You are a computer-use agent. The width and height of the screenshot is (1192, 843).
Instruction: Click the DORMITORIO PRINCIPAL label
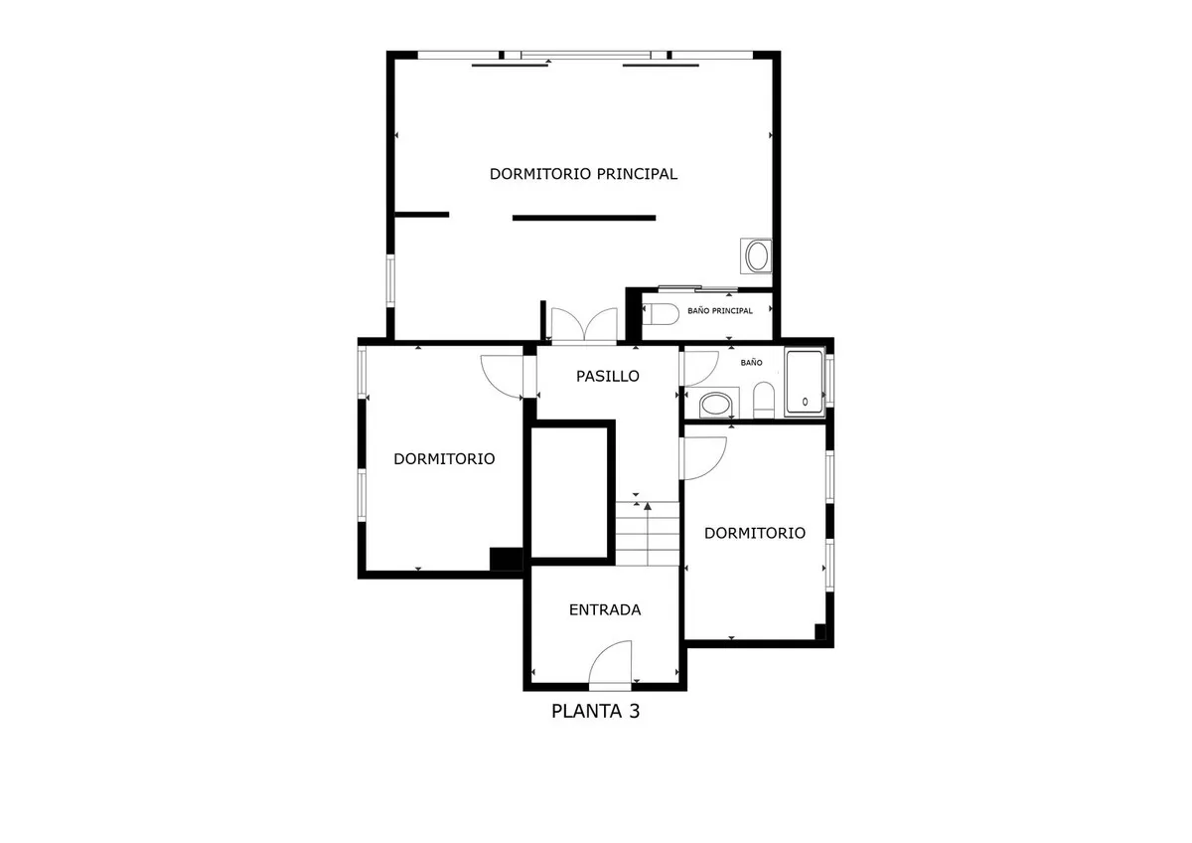coord(583,174)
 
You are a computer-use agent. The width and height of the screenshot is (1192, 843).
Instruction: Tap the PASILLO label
coord(608,377)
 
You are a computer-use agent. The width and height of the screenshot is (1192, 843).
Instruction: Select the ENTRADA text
coord(605,610)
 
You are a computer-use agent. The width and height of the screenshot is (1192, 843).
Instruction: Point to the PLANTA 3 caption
coord(595,712)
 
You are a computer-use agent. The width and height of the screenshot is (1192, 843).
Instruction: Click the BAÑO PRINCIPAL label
coord(720,311)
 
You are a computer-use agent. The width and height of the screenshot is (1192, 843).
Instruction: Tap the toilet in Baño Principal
coord(661,314)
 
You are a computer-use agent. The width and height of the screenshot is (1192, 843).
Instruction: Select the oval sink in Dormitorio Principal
coord(756,256)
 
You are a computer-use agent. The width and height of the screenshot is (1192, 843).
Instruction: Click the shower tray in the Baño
coord(805,382)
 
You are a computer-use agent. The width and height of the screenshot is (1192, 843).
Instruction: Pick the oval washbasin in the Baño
coord(716,405)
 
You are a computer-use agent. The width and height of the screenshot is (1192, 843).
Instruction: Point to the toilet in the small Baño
coord(764,400)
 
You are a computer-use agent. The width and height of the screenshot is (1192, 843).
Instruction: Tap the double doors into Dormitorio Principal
coord(584,324)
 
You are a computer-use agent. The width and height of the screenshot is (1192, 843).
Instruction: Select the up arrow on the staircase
coord(648,533)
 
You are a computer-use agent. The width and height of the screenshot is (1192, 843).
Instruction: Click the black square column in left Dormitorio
coord(506,559)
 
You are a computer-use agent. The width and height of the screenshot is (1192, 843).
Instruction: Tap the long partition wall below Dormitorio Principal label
coord(584,218)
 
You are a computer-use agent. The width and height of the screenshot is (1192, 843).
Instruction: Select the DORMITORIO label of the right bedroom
coord(755,533)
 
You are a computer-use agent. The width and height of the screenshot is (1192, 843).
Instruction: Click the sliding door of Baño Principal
coord(697,288)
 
